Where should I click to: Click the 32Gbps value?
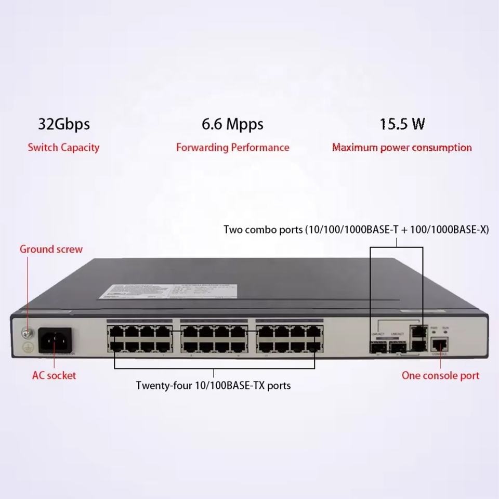pos(64,124)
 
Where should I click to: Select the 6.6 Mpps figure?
pos(232,124)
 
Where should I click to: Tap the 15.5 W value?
pos(402,124)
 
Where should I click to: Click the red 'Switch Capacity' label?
pos(63,148)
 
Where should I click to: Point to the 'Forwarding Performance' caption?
pos(232,148)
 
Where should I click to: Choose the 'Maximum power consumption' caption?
pos(402,148)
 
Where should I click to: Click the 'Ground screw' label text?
pos(51,249)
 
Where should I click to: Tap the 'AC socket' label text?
pos(54,375)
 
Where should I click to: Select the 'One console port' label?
pos(440,375)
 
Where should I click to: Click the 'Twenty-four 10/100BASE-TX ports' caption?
pos(213,386)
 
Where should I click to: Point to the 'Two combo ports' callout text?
pos(356,229)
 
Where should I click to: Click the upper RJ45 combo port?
pos(416,331)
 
